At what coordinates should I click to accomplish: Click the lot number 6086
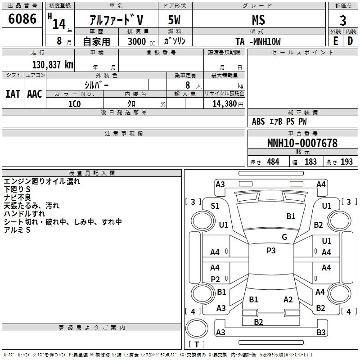(x=22, y=19)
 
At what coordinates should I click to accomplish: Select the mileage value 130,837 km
(x=53, y=65)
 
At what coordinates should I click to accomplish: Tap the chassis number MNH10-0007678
(x=302, y=143)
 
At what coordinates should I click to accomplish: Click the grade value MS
(x=258, y=20)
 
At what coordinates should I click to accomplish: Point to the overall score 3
(x=343, y=20)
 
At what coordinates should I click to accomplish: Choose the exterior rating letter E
(x=336, y=41)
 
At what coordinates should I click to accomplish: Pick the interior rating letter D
(x=350, y=41)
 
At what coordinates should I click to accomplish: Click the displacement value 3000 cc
(x=141, y=41)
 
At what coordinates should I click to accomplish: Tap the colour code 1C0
(x=75, y=104)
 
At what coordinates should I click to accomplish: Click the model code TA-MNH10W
(x=258, y=41)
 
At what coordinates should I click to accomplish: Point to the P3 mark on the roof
(x=271, y=251)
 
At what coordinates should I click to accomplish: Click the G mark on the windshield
(x=284, y=237)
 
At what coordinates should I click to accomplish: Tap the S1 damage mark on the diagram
(x=215, y=206)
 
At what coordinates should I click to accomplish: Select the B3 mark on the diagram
(x=321, y=332)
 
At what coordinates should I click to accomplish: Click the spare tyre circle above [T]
(x=197, y=328)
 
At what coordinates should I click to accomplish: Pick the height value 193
(x=346, y=162)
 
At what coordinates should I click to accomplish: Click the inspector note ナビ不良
(x=18, y=198)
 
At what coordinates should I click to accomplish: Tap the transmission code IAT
(x=13, y=94)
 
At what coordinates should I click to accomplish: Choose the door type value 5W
(x=175, y=20)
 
